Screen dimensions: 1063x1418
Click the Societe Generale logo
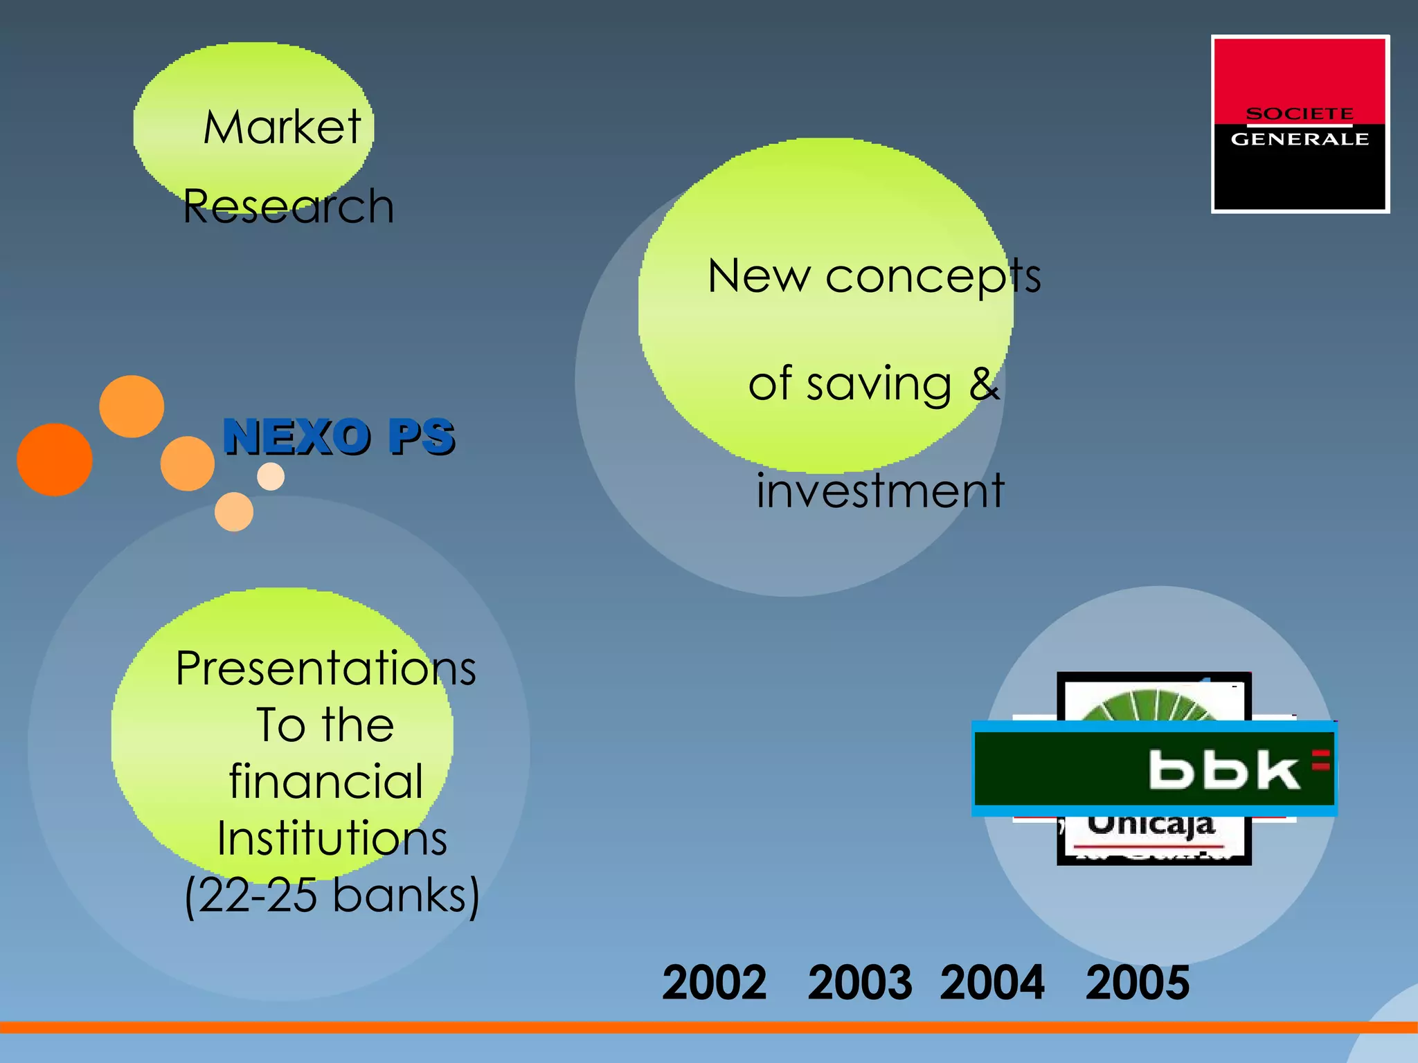(1300, 125)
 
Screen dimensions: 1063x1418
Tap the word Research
(288, 206)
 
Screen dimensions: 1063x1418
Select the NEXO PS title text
(338, 437)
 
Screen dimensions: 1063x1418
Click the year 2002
(714, 982)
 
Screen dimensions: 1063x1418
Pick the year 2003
(859, 982)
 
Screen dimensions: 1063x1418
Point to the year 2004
(991, 982)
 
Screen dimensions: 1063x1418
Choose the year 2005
(1137, 982)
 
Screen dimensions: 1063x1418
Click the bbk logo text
(1223, 770)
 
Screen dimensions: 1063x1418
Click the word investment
(879, 490)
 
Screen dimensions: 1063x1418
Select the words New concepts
(874, 275)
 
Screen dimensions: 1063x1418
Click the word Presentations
(325, 669)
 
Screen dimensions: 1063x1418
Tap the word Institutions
(332, 839)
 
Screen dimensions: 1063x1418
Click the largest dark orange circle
(55, 460)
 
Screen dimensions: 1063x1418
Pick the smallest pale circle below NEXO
(271, 476)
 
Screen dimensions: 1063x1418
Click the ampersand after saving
(984, 383)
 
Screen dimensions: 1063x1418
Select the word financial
(325, 782)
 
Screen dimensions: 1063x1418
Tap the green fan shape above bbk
(1149, 706)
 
